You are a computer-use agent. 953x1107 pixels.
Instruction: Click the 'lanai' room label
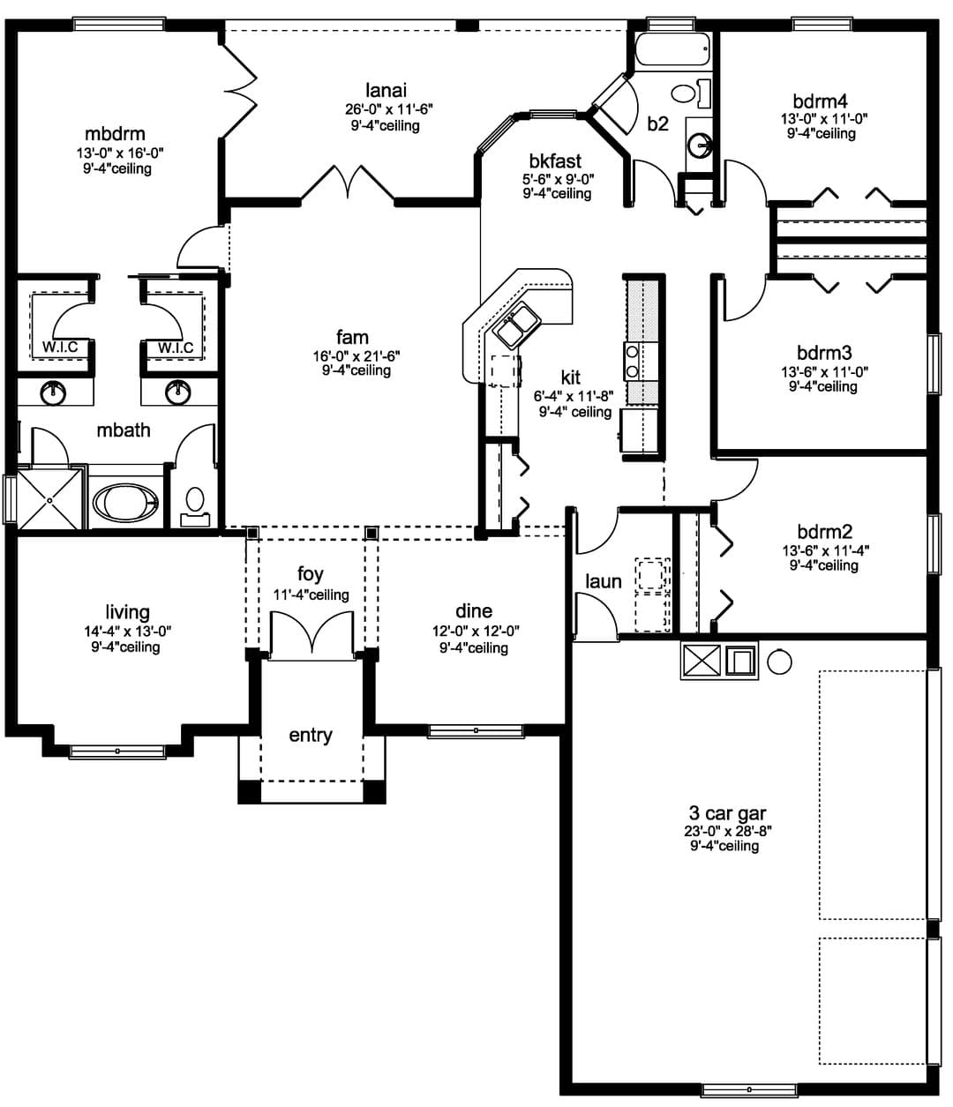click(x=385, y=89)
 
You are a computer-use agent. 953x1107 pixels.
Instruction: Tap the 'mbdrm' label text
click(x=115, y=133)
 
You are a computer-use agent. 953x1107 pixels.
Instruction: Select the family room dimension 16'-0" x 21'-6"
click(x=356, y=355)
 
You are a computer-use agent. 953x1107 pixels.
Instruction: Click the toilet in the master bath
click(x=195, y=506)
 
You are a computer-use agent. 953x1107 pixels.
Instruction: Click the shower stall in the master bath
click(x=49, y=499)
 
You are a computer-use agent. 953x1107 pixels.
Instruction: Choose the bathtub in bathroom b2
click(x=672, y=49)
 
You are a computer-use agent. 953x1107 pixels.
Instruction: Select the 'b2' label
click(x=657, y=123)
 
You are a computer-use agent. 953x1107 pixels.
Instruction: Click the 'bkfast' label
click(x=555, y=161)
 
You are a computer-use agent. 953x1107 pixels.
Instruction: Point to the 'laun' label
click(x=604, y=581)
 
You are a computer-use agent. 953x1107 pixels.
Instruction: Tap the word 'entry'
click(x=311, y=736)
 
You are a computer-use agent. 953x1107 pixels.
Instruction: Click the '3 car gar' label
click(x=727, y=813)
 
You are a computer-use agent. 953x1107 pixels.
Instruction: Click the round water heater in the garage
click(x=779, y=662)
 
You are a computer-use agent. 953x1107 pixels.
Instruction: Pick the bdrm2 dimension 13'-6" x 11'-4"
click(x=826, y=550)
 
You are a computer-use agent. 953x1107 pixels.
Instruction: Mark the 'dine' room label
click(x=474, y=610)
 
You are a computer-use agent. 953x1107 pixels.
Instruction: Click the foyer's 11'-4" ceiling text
click(x=311, y=595)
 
